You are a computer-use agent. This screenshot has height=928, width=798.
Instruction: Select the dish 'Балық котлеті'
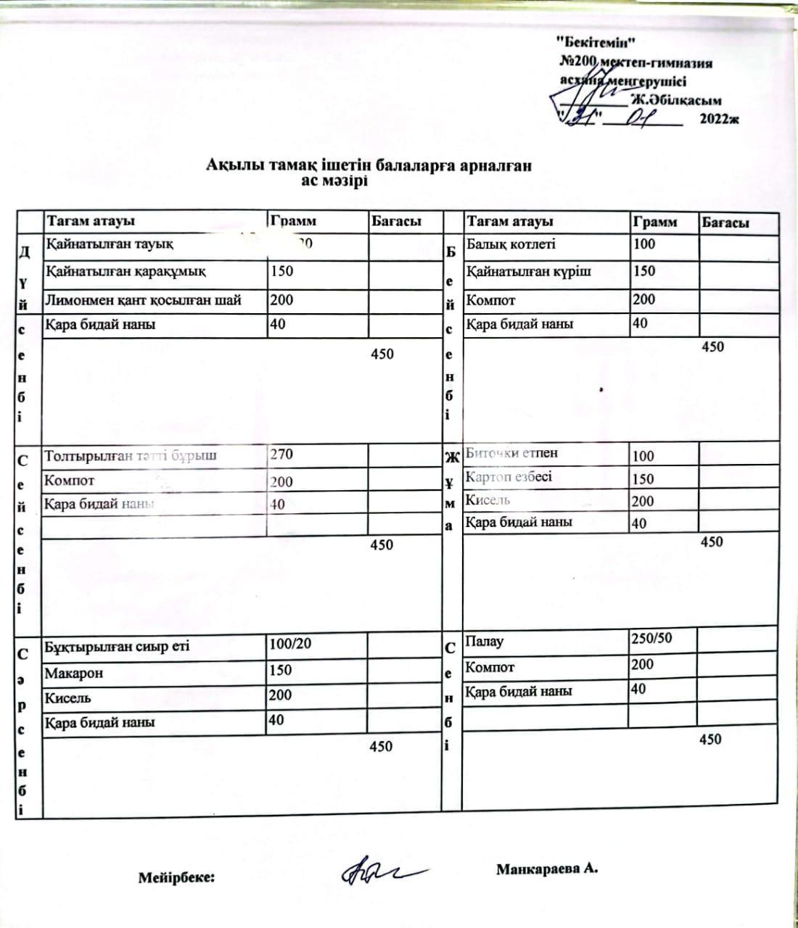click(511, 244)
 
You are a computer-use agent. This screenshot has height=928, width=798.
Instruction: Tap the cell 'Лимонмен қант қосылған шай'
click(144, 299)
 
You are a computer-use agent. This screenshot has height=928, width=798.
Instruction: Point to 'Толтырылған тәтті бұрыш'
click(131, 456)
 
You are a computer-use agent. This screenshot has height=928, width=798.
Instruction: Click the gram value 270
click(281, 455)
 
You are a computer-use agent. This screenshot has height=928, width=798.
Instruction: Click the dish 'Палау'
click(485, 642)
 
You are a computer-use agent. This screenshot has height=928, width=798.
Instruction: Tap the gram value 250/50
click(651, 638)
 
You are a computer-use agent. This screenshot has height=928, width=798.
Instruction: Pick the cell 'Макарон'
click(74, 673)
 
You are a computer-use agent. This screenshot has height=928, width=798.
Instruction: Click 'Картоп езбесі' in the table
click(509, 477)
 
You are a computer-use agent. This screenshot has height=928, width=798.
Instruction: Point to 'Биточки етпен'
click(511, 453)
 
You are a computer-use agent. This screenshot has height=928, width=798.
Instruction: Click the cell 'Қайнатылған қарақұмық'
click(126, 272)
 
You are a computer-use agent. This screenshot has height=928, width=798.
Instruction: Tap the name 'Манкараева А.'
click(547, 869)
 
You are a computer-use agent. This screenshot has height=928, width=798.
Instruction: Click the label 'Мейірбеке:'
click(176, 878)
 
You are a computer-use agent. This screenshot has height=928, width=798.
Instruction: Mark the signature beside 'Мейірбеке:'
click(378, 871)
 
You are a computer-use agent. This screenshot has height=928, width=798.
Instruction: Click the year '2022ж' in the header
click(719, 120)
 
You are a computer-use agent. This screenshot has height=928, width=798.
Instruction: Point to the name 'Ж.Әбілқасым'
click(676, 101)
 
